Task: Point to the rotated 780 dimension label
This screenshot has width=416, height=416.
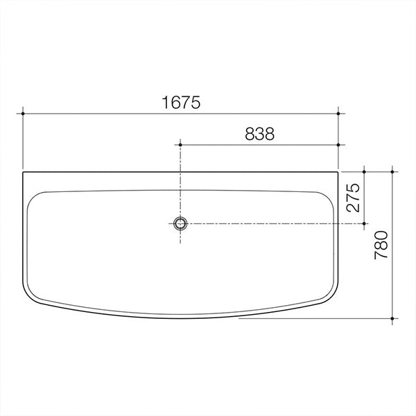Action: (x=381, y=245)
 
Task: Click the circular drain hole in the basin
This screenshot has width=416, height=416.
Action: (x=180, y=223)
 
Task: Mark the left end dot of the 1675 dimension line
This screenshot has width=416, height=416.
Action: (x=23, y=112)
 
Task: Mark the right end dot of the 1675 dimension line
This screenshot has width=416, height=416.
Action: (x=338, y=112)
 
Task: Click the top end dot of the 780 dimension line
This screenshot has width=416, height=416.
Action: (x=392, y=171)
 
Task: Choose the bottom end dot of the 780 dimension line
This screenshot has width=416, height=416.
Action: (x=392, y=319)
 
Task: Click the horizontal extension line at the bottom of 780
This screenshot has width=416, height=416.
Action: (x=312, y=319)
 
